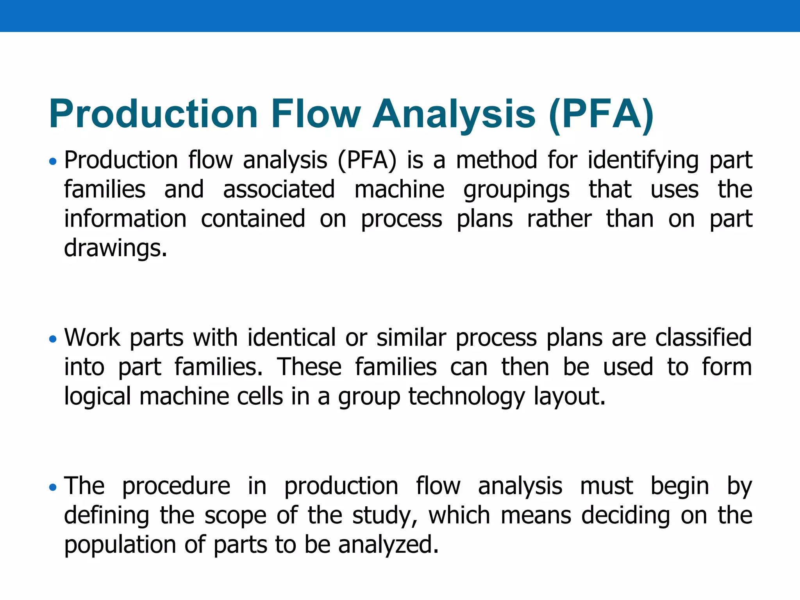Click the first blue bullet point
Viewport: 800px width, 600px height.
click(53, 161)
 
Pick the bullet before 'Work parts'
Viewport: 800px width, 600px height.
click(53, 339)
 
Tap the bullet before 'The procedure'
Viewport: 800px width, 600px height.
click(53, 487)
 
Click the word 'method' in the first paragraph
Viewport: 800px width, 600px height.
click(496, 160)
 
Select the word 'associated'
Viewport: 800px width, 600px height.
click(279, 189)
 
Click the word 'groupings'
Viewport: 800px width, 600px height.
click(516, 189)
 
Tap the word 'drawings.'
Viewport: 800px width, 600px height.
click(116, 248)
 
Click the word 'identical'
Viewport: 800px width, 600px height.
click(291, 337)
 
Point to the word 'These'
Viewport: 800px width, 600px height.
click(309, 367)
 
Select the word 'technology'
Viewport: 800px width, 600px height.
click(467, 397)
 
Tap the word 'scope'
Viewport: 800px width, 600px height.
click(236, 516)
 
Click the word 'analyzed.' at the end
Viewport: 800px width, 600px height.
click(388, 545)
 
